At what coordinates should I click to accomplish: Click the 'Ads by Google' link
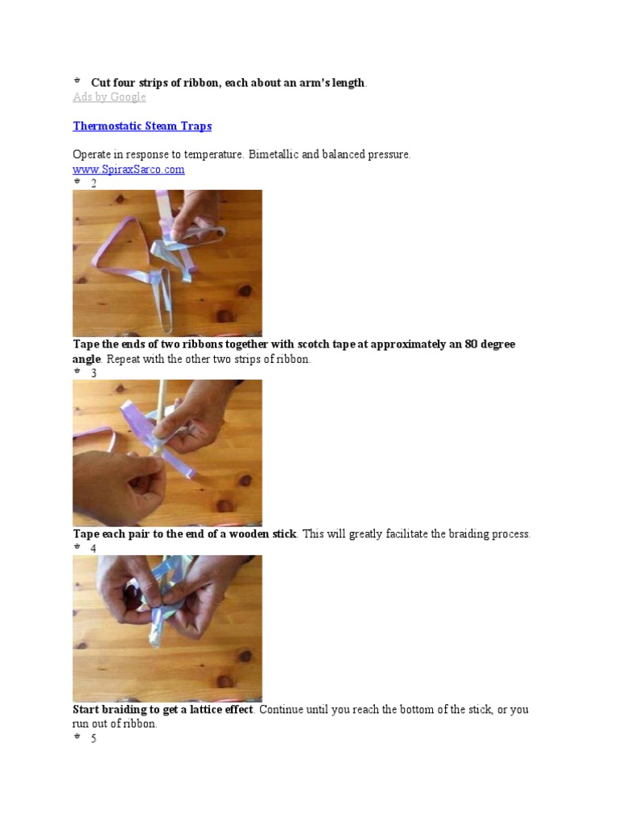tap(109, 97)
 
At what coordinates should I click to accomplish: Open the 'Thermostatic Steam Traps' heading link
tap(142, 126)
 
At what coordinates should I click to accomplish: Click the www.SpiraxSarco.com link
tap(129, 169)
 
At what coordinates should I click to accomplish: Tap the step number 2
tap(93, 183)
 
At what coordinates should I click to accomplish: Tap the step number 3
tap(93, 373)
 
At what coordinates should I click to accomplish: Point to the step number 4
tap(93, 549)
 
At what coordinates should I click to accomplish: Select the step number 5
tap(93, 739)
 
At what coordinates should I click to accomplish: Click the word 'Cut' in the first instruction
tap(101, 83)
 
